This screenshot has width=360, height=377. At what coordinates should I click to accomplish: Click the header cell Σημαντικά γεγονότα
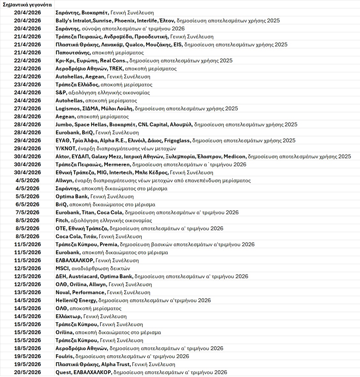coord(27,4)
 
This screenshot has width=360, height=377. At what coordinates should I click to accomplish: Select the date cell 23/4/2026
coord(27,84)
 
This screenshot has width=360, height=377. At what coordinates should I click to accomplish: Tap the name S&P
coord(61,92)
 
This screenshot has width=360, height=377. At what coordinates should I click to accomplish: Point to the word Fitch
coord(62,220)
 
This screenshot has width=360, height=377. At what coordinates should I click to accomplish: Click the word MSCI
coord(62,268)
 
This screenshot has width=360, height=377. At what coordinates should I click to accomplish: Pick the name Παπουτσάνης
coord(73,52)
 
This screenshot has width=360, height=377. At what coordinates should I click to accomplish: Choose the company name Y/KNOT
coord(65,148)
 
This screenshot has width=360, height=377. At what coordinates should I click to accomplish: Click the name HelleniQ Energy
coord(76,300)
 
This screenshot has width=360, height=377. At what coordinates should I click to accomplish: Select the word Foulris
coord(64,356)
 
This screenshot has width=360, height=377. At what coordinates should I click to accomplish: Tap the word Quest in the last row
coord(63,372)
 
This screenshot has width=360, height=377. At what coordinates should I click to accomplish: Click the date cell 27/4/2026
coord(27,108)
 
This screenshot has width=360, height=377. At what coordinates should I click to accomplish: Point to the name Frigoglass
coord(177,140)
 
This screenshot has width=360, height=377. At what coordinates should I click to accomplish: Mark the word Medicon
coord(234,156)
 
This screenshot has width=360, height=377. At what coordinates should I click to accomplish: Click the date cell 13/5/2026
coord(27,292)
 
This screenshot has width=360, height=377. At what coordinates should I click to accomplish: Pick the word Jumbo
coord(64,124)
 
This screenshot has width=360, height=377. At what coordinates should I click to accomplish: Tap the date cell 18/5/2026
coord(27,348)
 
